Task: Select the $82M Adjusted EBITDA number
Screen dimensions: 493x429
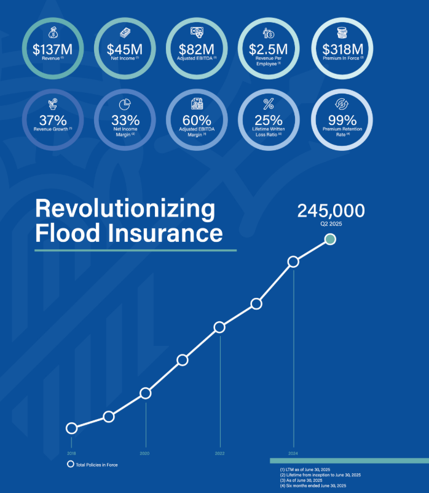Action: point(196,48)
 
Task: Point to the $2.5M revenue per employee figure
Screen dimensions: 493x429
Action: point(270,48)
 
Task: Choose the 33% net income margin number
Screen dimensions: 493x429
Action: point(125,120)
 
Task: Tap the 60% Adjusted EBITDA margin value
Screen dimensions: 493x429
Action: point(196,120)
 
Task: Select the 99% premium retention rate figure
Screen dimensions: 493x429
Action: point(342,120)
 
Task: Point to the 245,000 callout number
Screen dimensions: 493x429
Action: point(331,210)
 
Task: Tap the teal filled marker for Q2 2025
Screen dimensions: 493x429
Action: point(330,239)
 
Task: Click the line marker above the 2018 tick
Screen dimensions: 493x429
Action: point(71,428)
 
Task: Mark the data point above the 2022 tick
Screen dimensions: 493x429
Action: point(219,327)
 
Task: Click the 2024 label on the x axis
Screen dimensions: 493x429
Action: point(293,453)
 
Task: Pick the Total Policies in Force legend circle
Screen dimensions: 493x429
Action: point(71,465)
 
